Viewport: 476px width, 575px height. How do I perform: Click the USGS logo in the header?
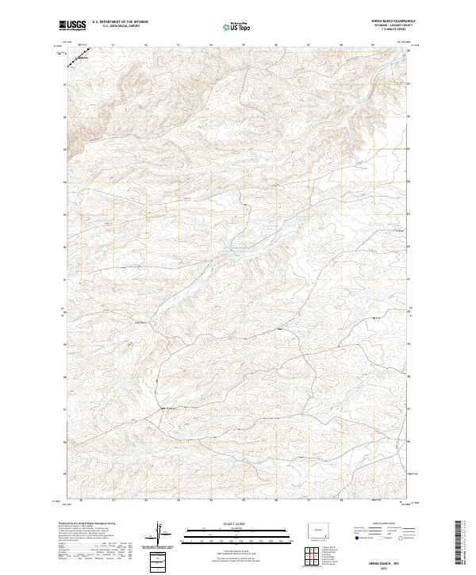(x=72, y=25)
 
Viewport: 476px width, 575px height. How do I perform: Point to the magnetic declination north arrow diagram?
(x=163, y=535)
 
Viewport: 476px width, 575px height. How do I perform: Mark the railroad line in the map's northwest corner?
(x=78, y=58)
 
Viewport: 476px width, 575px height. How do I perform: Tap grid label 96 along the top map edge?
(x=274, y=45)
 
